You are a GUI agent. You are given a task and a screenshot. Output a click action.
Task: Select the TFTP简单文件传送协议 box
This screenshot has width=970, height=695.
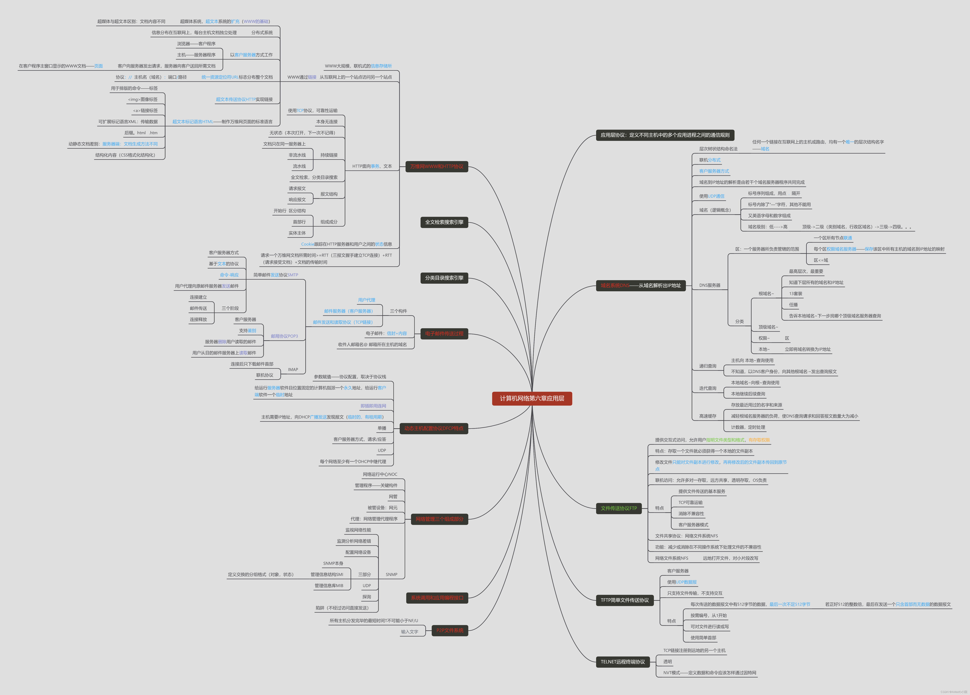(624, 600)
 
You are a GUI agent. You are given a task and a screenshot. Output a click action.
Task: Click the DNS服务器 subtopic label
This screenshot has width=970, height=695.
(710, 285)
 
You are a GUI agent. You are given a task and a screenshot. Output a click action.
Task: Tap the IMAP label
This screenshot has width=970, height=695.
(293, 370)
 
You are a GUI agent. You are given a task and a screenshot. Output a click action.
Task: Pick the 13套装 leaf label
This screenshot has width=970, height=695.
(796, 294)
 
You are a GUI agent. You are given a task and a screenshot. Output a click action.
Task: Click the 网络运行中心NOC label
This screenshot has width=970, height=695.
(380, 474)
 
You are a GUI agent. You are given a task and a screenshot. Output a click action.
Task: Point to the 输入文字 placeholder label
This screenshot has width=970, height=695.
(409, 632)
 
